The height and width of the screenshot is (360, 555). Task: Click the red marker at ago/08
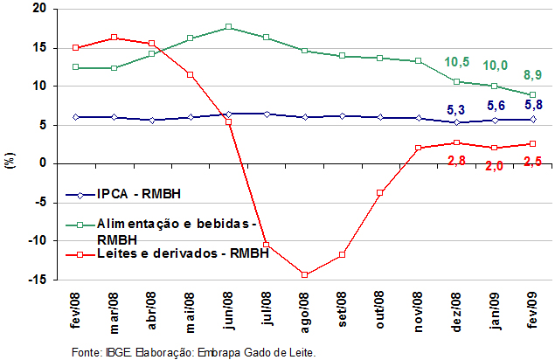point(304,274)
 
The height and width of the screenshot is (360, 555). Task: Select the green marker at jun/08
point(229,26)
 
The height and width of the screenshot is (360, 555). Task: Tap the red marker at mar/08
point(114,38)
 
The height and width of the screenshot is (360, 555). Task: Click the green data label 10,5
point(456,62)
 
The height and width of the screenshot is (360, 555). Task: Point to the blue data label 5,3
point(456,110)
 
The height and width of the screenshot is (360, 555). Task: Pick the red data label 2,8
point(456,161)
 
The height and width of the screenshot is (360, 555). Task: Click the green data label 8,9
point(532,75)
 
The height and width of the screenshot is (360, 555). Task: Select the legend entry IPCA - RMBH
point(123,194)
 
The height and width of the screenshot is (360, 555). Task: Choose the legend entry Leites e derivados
point(167,253)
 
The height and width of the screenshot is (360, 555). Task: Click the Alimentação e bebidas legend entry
point(161,232)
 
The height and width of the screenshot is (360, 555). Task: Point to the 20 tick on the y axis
point(39,9)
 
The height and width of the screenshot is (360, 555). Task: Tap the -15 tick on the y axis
point(37,280)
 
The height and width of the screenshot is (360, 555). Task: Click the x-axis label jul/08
point(267,308)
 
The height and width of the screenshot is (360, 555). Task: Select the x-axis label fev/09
point(532,310)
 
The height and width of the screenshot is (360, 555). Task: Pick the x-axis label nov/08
point(419,312)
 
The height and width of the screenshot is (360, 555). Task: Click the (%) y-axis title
point(10,161)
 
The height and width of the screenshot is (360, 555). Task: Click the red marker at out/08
point(380,193)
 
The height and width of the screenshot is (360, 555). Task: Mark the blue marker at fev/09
point(532,120)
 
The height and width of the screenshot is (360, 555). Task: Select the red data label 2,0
point(494,166)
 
